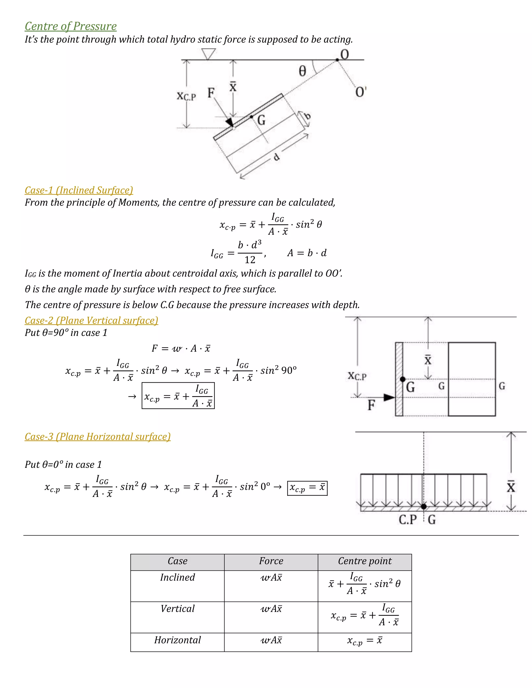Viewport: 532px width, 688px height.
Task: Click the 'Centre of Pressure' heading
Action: (x=71, y=26)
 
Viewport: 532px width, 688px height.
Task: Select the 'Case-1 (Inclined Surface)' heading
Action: (x=79, y=190)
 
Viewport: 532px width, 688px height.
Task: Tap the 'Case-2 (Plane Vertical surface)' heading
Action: (x=91, y=320)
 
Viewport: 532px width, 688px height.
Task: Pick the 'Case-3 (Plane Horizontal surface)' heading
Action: (x=98, y=437)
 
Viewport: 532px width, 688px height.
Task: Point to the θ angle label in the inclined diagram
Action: (x=302, y=71)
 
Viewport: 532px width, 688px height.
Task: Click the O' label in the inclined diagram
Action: (x=360, y=92)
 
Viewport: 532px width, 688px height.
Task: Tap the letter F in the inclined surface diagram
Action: (x=210, y=93)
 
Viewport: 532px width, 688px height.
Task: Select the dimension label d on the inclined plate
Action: (x=276, y=157)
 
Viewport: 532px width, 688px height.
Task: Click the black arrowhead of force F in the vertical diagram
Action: (x=389, y=397)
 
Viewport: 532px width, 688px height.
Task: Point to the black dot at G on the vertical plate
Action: (x=402, y=379)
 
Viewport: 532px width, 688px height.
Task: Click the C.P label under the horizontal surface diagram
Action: (x=408, y=520)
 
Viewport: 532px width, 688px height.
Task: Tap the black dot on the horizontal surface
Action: (x=424, y=507)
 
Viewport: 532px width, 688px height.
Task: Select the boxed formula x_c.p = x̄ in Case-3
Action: (x=307, y=488)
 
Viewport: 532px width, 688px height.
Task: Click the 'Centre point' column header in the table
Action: (x=365, y=561)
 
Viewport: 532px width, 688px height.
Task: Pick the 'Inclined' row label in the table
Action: (x=177, y=577)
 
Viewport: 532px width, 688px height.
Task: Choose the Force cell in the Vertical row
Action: (x=271, y=609)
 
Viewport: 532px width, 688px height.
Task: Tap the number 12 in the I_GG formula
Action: (x=250, y=260)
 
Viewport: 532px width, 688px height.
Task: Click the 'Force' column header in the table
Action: (x=271, y=561)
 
